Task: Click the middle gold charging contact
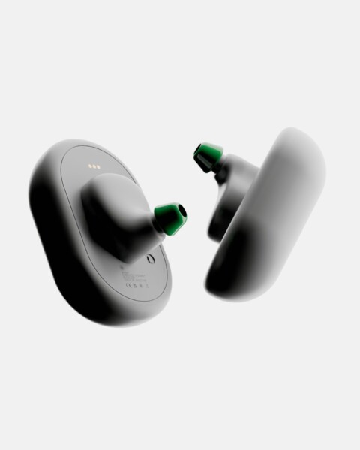[94, 166]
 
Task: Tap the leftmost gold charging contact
[90, 166]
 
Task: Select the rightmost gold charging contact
[99, 167]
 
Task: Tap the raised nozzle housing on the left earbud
[116, 214]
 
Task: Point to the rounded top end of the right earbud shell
[300, 146]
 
